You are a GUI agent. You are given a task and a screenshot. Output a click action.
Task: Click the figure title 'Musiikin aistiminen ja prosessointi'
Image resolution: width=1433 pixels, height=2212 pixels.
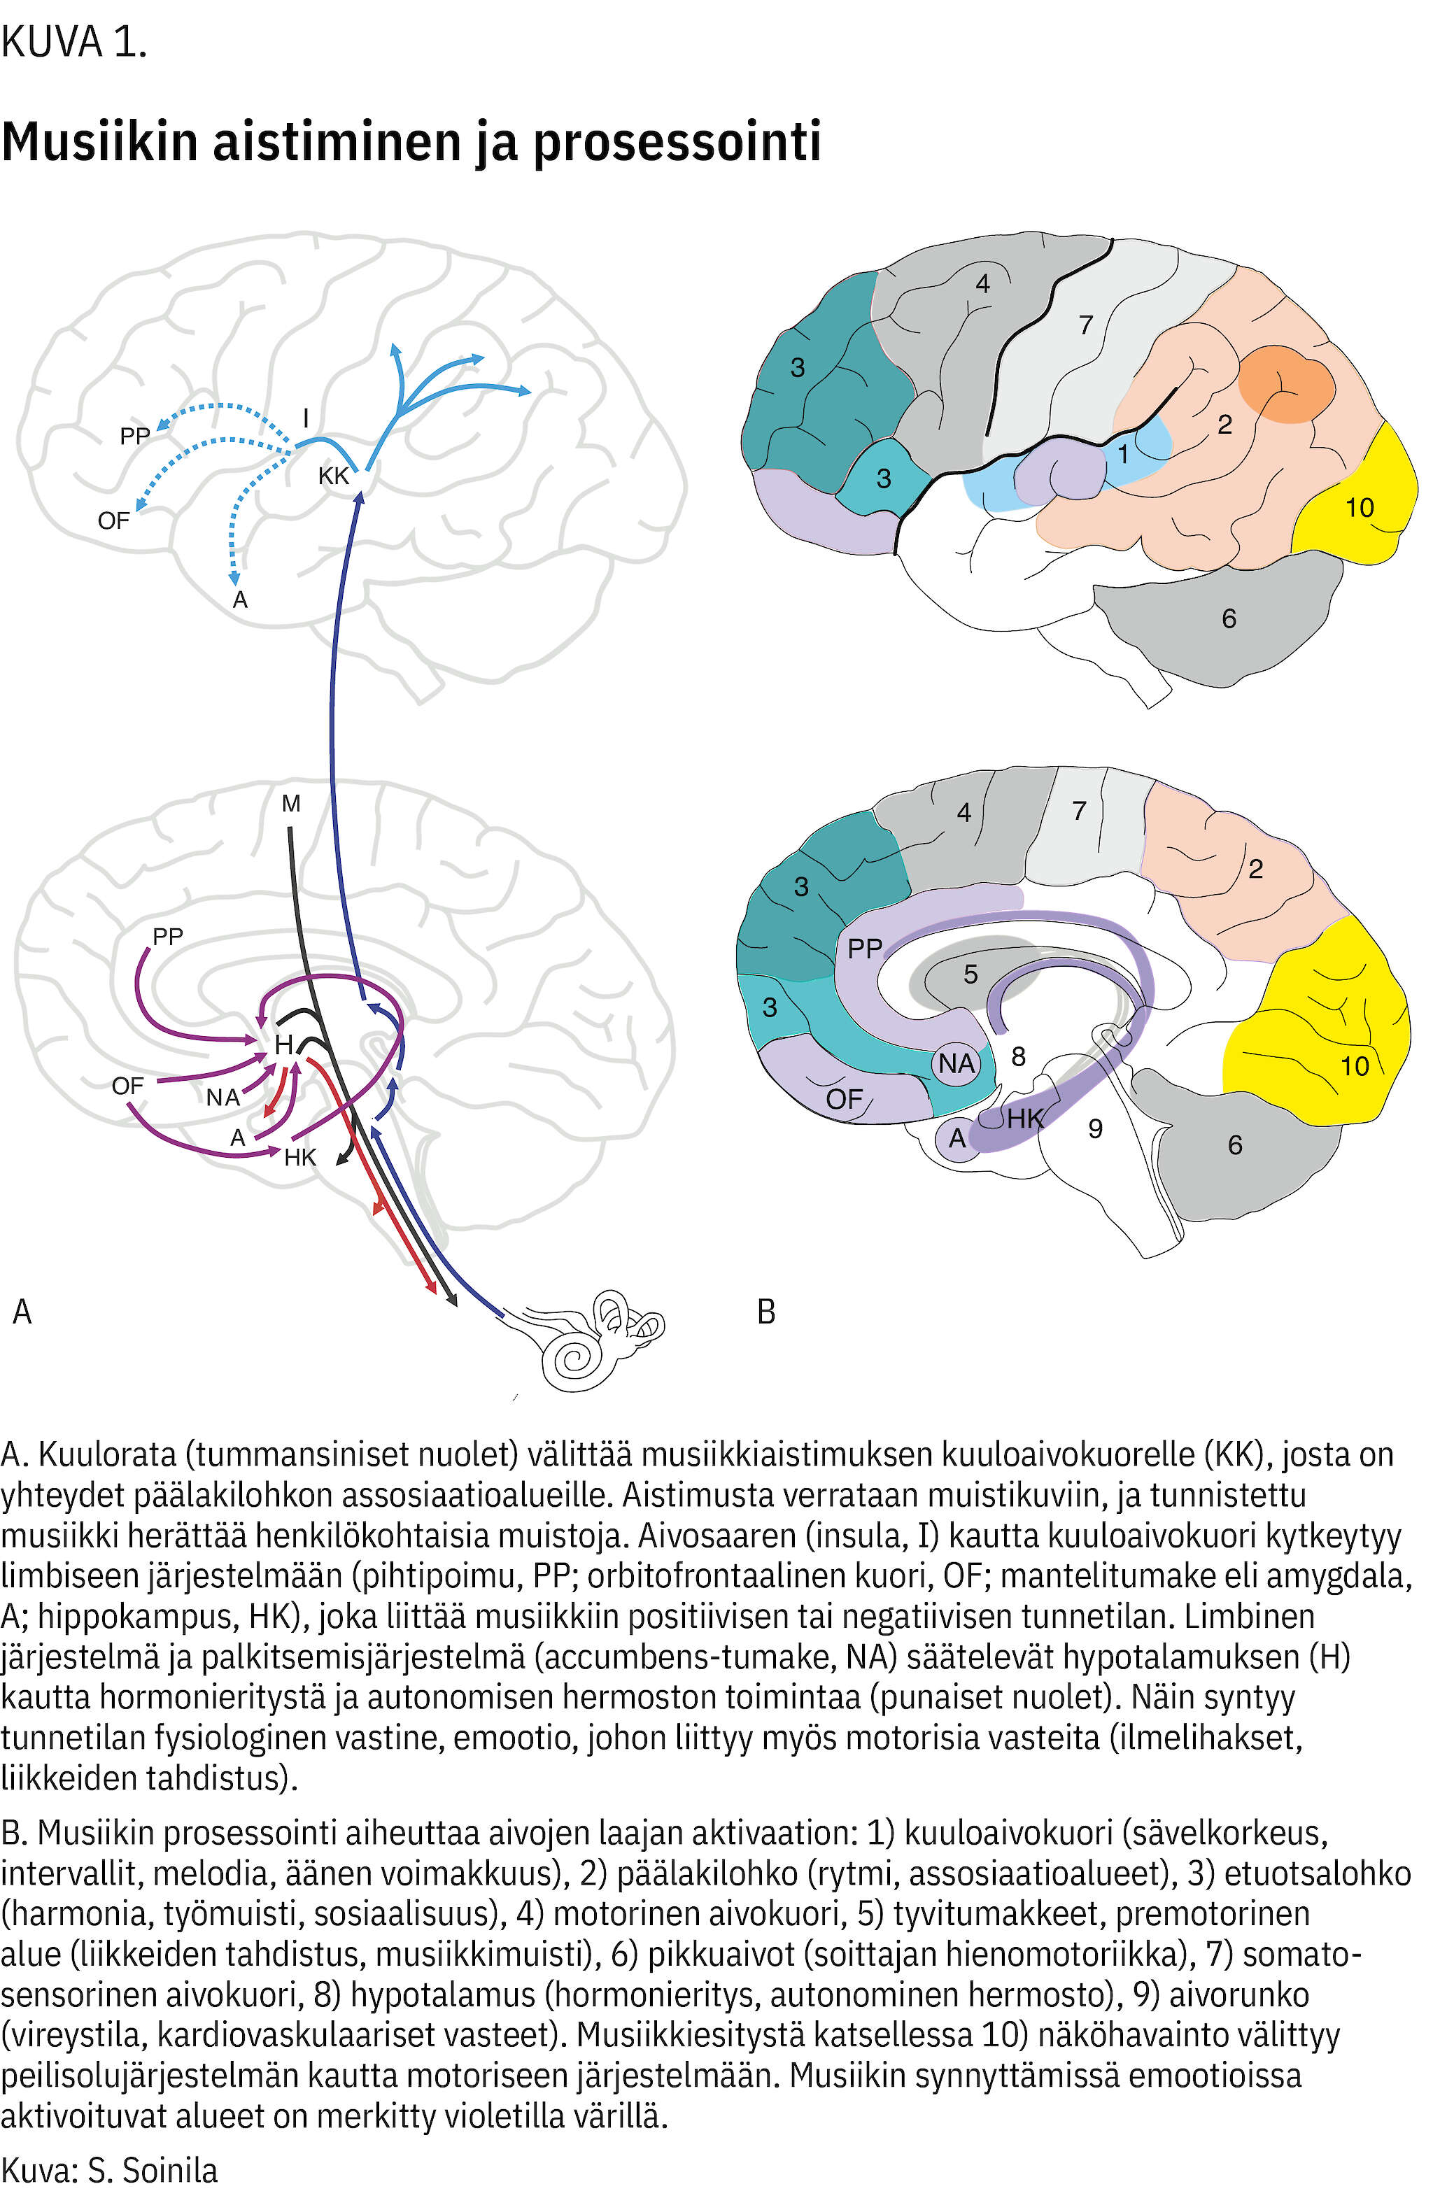pos(411,142)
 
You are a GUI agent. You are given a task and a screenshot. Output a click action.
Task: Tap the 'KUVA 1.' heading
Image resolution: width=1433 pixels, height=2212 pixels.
pos(73,43)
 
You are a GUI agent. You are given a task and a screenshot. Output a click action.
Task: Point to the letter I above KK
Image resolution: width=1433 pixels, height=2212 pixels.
pos(306,418)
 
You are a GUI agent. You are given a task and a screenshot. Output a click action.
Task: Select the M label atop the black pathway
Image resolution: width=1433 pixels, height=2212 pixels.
pos(291,804)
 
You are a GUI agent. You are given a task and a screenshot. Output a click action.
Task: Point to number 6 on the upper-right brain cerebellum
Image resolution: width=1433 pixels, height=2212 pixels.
pos(1229,618)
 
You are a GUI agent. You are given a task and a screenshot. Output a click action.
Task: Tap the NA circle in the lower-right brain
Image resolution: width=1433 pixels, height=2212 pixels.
pos(956,1063)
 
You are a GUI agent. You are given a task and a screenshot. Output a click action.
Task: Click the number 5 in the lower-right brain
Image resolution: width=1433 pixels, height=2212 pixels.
pos(970,974)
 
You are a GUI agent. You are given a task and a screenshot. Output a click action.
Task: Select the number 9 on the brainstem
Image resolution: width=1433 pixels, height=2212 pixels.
pos(1096,1128)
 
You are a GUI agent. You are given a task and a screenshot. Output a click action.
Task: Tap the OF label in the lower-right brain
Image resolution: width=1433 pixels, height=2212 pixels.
pos(844,1100)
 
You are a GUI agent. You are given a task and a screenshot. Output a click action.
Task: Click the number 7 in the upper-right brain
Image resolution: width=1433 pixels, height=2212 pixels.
pos(1085,325)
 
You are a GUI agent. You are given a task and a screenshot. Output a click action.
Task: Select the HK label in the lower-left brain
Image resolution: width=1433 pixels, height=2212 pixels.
pos(300,1157)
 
